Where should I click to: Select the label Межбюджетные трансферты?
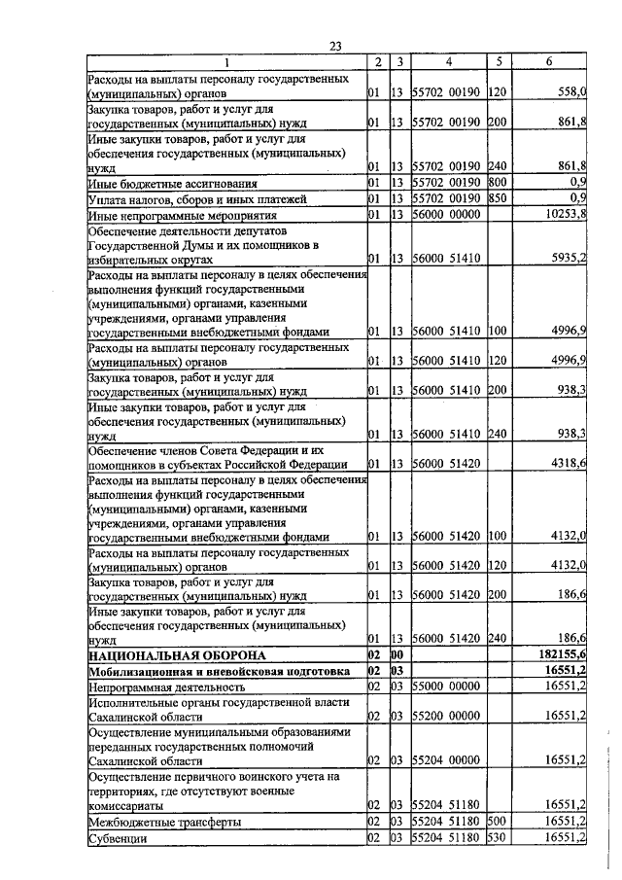click(163, 823)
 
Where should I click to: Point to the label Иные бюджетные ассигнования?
click(172, 183)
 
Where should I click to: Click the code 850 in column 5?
click(499, 198)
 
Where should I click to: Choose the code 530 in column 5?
click(499, 838)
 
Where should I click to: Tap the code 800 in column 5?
click(499, 183)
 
